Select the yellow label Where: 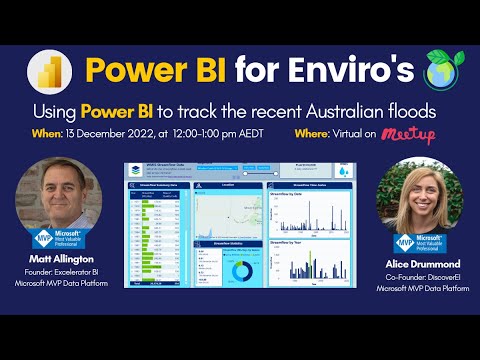pyautogui.click(x=316, y=134)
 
